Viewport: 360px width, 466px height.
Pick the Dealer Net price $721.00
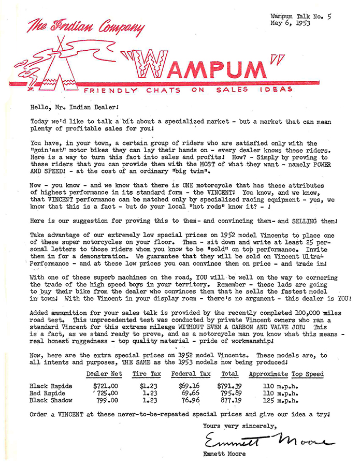coord(106,386)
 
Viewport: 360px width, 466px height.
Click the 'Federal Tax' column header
coord(191,374)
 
